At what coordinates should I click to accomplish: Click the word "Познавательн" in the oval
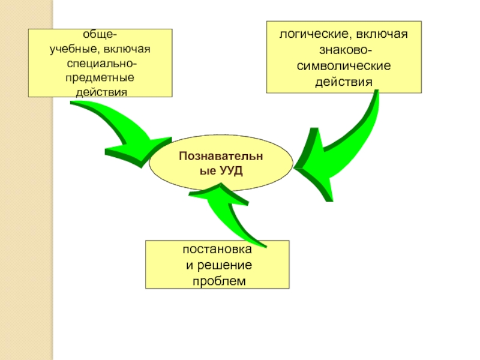click(x=221, y=157)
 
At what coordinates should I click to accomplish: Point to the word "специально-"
click(x=100, y=64)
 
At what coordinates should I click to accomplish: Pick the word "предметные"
click(x=100, y=78)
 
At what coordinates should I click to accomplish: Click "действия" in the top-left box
click(x=100, y=92)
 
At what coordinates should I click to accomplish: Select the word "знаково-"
click(x=344, y=49)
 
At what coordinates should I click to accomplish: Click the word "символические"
click(x=344, y=65)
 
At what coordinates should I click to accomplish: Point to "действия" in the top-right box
click(x=344, y=80)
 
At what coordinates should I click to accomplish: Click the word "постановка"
click(x=217, y=251)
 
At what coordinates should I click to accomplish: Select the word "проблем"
click(x=217, y=281)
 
